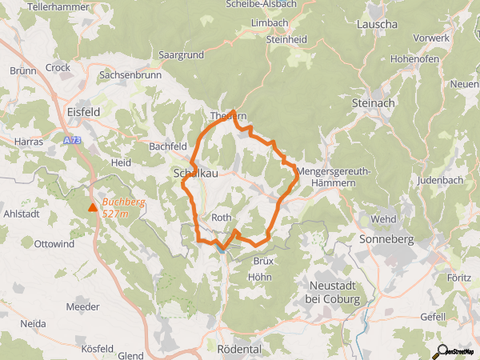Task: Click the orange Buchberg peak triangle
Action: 93,208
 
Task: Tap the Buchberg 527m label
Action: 123,207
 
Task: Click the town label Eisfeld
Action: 84,113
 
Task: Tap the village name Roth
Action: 222,218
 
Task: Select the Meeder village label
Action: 83,306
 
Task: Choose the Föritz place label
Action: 458,278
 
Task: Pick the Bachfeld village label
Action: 168,146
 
